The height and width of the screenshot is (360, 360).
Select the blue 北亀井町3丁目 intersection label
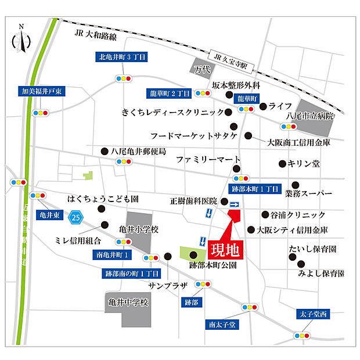pos(122,57)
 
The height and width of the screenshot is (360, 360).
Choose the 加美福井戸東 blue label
pos(42,92)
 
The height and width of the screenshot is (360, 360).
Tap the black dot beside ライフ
pos(264,106)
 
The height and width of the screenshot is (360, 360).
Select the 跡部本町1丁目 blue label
pos(255,189)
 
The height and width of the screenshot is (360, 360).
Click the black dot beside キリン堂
pos(282,164)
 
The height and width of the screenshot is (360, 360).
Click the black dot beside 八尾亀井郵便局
pos(104,150)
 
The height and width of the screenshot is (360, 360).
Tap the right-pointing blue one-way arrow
pos(234,204)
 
